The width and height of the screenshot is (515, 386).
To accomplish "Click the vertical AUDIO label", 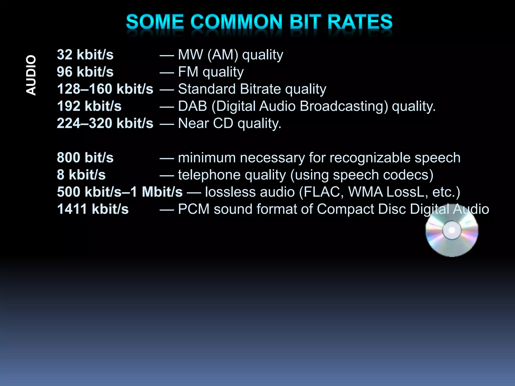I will [31, 75].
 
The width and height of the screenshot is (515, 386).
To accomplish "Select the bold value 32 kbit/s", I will [85, 55].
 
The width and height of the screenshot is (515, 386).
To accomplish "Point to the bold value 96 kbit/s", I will [85, 72].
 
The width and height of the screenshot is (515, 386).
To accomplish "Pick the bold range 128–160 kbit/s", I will [105, 89].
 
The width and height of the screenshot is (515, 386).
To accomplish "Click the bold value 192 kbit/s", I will [89, 106].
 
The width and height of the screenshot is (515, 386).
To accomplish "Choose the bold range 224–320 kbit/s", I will [105, 123].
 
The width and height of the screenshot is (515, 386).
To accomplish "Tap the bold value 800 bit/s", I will [85, 158].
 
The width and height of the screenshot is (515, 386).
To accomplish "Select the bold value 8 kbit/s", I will [81, 175].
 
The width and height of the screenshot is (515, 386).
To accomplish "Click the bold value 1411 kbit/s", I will [93, 209].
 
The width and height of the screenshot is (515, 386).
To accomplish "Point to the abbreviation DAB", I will [192, 106].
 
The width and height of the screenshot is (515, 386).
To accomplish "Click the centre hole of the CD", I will [452, 230].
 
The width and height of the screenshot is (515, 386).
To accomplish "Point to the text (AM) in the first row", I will [223, 55].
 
